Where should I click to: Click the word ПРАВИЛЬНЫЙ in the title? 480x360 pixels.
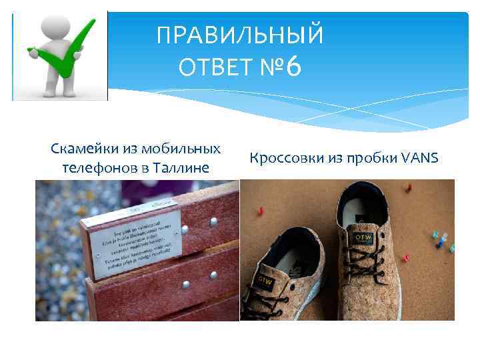240,35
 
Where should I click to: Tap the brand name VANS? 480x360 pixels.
421,158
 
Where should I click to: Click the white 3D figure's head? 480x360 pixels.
47,27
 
